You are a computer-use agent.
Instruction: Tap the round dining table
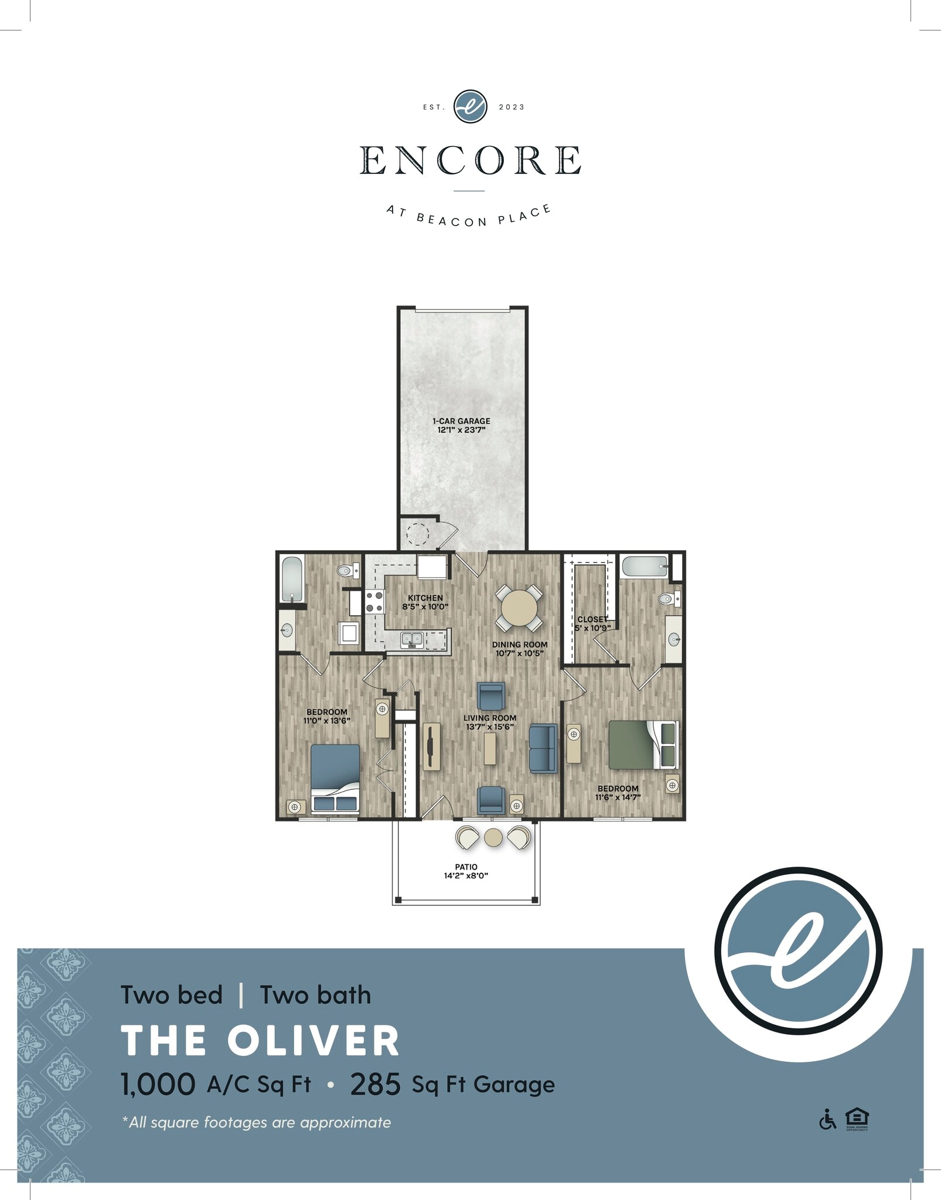(x=519, y=608)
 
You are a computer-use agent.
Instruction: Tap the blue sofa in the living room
(x=543, y=748)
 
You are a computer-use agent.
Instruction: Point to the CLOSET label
(x=592, y=619)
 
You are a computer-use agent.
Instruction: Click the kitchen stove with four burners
(x=374, y=602)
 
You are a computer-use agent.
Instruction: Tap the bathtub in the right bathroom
(x=645, y=567)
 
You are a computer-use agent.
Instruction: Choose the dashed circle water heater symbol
(x=418, y=533)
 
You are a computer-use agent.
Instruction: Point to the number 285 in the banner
(x=375, y=1085)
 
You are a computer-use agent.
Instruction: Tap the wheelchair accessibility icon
(x=827, y=1119)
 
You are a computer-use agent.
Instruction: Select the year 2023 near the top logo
(x=512, y=107)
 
